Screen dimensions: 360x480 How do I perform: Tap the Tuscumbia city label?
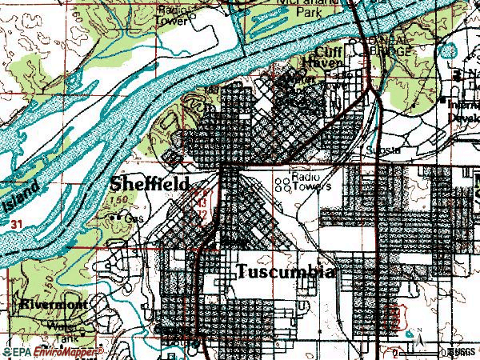coord(285,272)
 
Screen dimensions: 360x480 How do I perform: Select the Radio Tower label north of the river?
coord(178,14)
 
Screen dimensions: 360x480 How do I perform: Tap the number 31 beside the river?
coord(18,227)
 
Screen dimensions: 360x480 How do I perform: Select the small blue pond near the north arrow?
coord(410,330)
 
